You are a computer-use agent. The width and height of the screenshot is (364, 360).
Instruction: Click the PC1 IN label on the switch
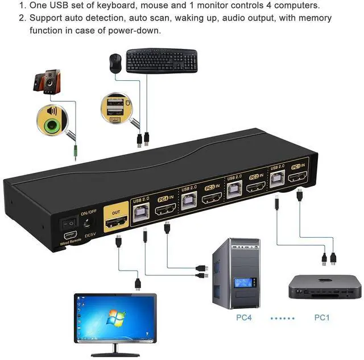[298, 167]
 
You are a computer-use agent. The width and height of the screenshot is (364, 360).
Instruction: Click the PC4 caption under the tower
[246, 317]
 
